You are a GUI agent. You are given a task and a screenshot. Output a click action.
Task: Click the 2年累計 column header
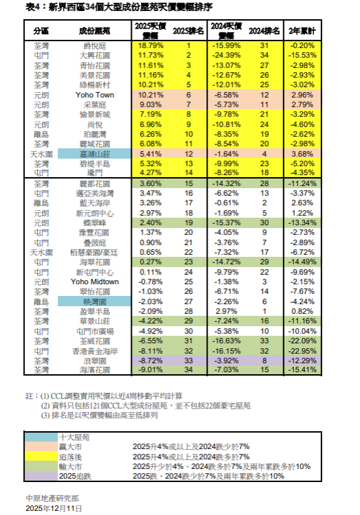303,32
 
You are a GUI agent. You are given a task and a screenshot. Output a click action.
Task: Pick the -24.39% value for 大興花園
225,54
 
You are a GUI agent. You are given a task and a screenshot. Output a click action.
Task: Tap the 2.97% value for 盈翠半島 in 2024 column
226,310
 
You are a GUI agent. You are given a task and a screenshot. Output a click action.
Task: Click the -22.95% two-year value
302,350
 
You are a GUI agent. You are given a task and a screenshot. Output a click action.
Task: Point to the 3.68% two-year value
302,154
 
